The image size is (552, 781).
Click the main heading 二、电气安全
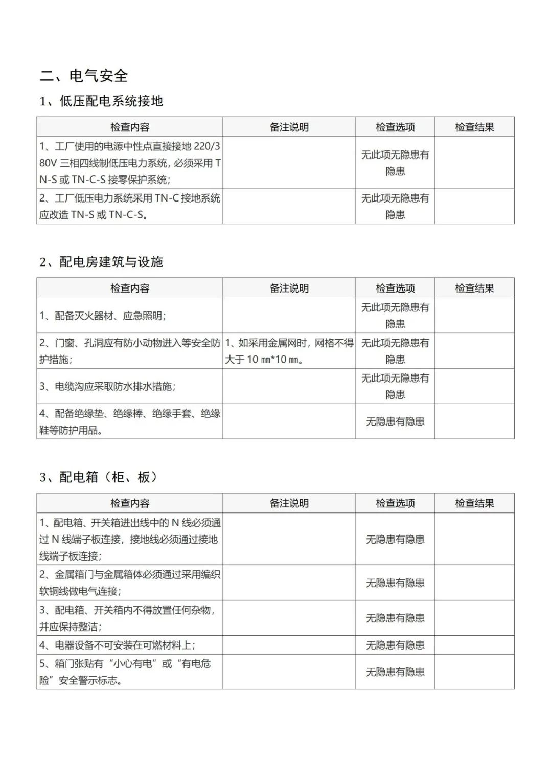(x=84, y=76)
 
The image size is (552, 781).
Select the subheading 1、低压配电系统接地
(x=101, y=101)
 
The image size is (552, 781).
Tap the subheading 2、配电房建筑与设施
(x=101, y=262)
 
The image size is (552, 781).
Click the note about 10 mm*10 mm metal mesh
(x=289, y=351)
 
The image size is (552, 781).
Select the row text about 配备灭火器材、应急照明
(x=103, y=316)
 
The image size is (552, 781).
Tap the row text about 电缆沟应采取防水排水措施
(x=108, y=386)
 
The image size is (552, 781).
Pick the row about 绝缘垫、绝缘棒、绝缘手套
(x=129, y=421)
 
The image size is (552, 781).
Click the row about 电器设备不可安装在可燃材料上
(x=118, y=645)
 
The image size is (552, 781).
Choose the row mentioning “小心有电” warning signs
(x=125, y=672)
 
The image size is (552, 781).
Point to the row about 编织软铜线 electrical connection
(x=129, y=583)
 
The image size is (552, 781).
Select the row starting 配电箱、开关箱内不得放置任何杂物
(x=128, y=618)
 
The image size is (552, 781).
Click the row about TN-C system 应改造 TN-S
(x=129, y=206)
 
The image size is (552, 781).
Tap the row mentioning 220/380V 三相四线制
(x=129, y=163)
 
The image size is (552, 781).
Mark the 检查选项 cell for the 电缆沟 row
(x=395, y=386)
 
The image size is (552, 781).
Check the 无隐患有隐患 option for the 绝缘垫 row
(x=395, y=421)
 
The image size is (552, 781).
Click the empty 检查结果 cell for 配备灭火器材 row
(x=474, y=316)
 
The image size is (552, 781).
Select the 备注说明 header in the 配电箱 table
(x=289, y=503)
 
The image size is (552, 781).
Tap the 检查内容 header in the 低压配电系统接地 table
(x=130, y=127)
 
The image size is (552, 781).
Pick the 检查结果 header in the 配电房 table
(x=474, y=288)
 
